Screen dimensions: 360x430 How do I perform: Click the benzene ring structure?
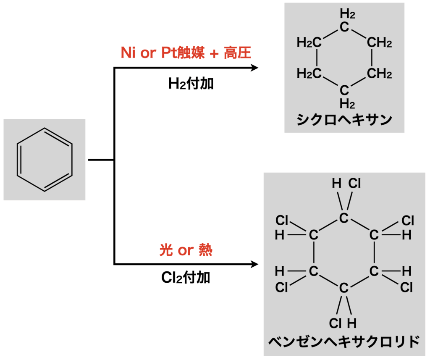tap(45, 160)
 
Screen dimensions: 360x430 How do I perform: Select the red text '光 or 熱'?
tap(186, 251)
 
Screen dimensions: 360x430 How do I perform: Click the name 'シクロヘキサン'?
tap(344, 120)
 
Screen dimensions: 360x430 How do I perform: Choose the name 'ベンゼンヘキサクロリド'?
tap(344, 341)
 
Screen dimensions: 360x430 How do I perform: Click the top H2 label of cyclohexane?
tap(348, 15)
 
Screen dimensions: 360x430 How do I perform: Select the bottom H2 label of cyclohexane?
tap(348, 103)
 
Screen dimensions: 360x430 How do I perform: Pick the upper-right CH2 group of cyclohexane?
tap(379, 42)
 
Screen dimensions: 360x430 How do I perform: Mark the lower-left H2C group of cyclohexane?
tap(309, 74)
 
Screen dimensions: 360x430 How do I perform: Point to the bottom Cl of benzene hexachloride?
tap(335, 323)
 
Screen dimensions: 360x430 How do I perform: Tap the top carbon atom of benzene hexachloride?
tap(344, 218)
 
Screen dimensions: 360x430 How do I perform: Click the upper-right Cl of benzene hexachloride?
tap(408, 220)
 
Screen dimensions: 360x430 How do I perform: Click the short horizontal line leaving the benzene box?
tap(101, 160)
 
